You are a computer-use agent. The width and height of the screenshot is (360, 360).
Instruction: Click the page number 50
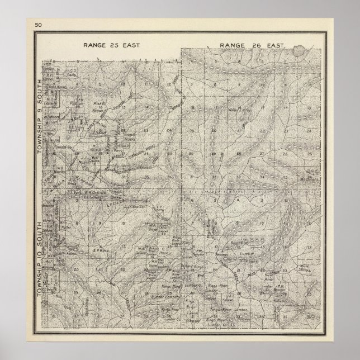click(38, 25)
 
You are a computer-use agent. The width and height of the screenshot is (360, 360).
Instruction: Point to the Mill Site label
click(305, 266)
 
